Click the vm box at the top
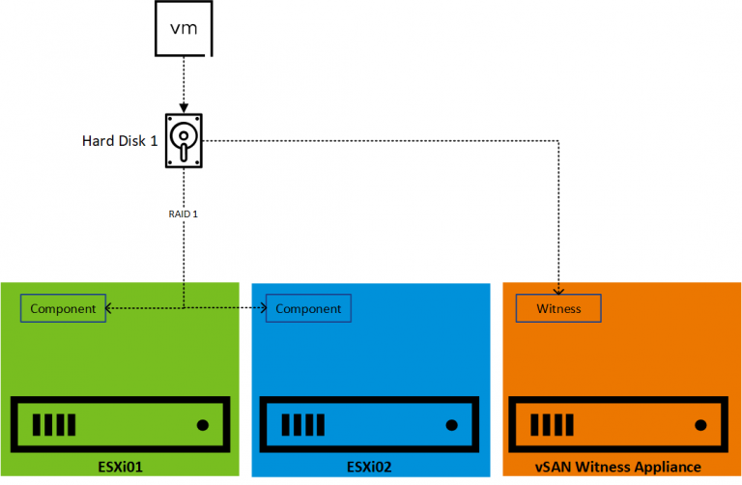click(183, 28)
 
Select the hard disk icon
click(183, 141)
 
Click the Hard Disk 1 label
click(120, 141)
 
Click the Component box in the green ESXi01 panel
click(63, 309)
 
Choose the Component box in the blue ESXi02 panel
click(308, 309)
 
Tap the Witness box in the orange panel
click(558, 309)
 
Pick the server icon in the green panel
click(120, 424)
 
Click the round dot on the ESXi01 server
click(202, 424)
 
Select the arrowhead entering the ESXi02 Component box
click(263, 309)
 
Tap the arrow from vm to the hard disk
click(183, 83)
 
